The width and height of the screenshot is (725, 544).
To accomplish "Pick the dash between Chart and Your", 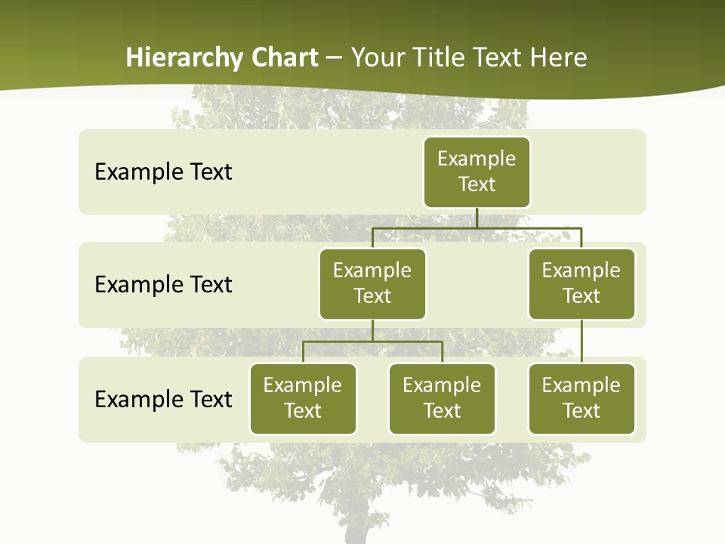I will pos(335,58).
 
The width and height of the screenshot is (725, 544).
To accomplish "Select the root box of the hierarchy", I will pos(477,172).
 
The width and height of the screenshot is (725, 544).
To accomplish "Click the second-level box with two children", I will pos(372,283).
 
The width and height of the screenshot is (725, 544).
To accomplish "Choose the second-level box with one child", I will pos(581,283).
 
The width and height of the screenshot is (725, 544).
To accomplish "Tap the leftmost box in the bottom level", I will pos(303,398).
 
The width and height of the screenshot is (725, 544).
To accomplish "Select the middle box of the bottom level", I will pos(442,398).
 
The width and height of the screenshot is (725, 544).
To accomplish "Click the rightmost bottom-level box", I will pos(581,398).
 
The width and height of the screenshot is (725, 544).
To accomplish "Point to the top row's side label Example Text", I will pos(163,172).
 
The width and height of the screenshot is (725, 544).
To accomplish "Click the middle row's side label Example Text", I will pos(163,285).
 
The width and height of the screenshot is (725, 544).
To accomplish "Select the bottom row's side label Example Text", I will pos(163,399).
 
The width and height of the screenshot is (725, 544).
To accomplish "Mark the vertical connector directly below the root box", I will pos(477,218).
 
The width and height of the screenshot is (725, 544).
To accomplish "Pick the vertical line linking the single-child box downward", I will pos(581,342).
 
